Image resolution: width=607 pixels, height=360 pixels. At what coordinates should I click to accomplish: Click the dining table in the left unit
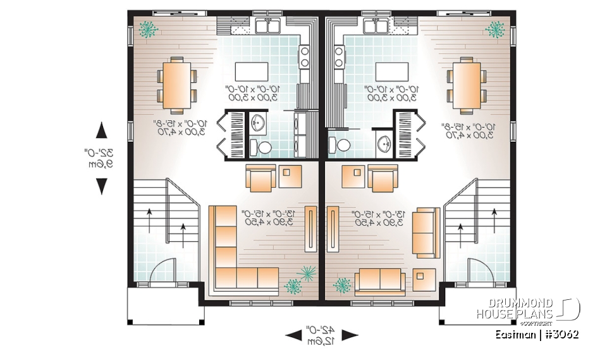click(x=176, y=83)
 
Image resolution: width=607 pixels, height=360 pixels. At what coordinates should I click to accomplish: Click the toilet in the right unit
click(x=343, y=145)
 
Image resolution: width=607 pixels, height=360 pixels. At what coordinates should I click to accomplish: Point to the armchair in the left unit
click(x=261, y=178)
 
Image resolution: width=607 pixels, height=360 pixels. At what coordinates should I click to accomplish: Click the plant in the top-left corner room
click(x=149, y=28)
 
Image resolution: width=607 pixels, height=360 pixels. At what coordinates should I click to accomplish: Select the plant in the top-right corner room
click(x=495, y=28)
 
